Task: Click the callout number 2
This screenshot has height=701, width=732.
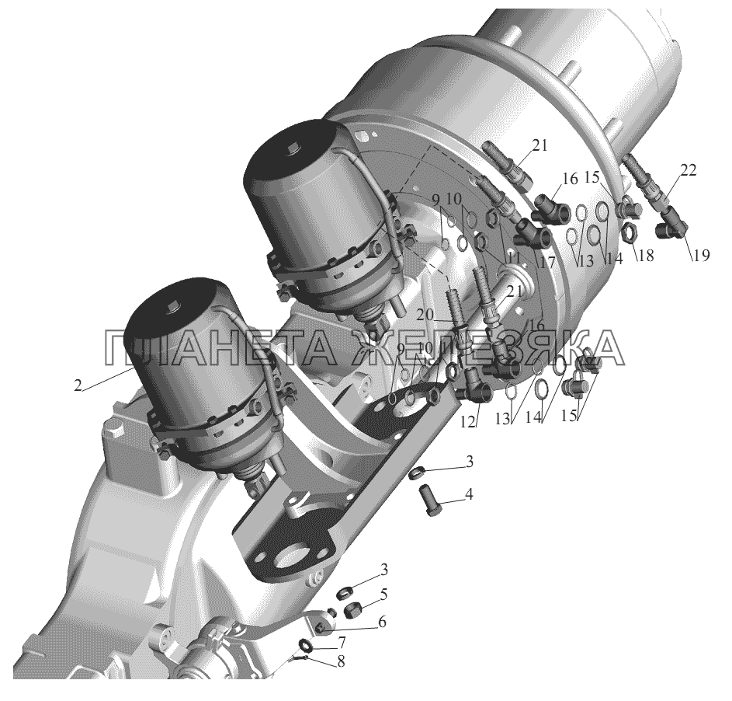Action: point(78,386)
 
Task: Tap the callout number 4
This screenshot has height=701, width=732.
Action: point(469,494)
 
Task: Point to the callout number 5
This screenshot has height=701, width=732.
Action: point(383,594)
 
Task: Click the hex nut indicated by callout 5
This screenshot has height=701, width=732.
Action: point(351,609)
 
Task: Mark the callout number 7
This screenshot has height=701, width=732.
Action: point(342,642)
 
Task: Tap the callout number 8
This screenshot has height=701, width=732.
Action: point(342,662)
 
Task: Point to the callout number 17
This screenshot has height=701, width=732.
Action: point(549,262)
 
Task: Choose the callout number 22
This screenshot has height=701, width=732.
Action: point(688,170)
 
